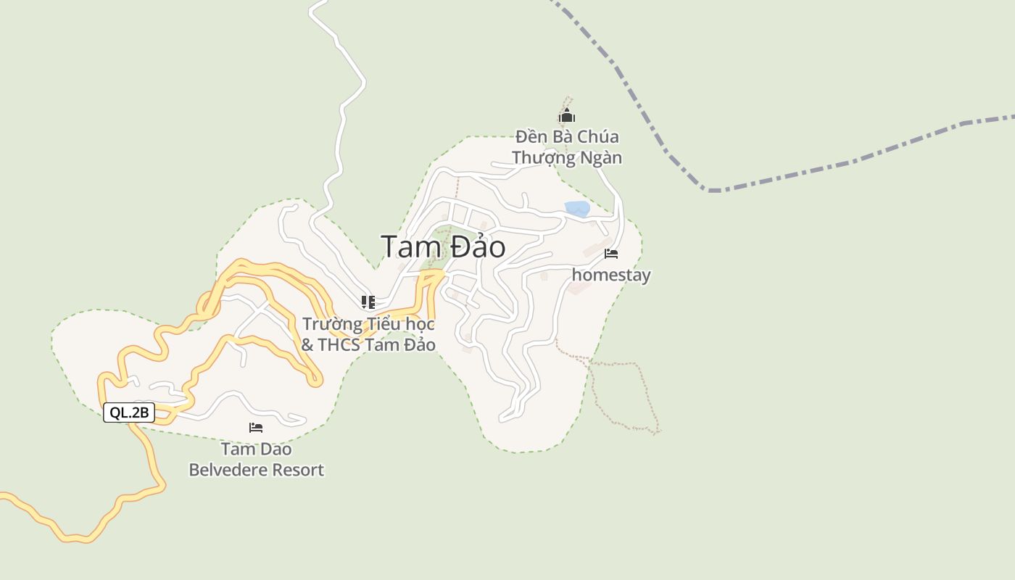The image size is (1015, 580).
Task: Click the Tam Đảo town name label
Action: tap(443, 247)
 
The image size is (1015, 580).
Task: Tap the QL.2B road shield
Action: tap(129, 413)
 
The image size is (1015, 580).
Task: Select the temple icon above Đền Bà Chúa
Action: tap(567, 116)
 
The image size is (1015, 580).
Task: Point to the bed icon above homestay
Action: tap(611, 254)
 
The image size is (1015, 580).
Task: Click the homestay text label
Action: tap(611, 275)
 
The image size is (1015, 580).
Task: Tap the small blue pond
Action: tap(577, 209)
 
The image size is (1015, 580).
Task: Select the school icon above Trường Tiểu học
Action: tap(368, 302)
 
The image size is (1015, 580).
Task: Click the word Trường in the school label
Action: tap(331, 323)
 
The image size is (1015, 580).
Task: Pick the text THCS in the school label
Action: tap(344, 344)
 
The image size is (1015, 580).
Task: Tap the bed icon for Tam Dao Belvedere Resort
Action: tap(256, 428)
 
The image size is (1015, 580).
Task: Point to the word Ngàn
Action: tap(601, 157)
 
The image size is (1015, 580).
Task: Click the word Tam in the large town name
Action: tap(407, 247)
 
